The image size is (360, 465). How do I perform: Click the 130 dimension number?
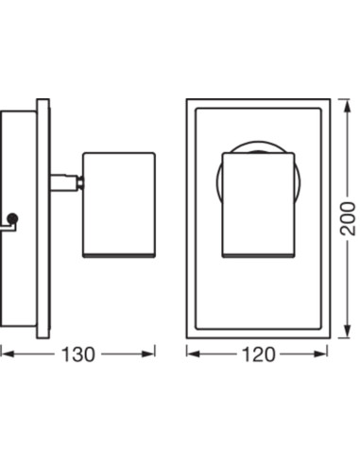[x=77, y=354]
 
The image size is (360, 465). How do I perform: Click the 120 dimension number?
[x=258, y=354]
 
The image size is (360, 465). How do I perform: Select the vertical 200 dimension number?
[x=348, y=218]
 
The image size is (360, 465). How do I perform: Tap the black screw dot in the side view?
[x=12, y=218]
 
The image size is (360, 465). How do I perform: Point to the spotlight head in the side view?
[x=119, y=205]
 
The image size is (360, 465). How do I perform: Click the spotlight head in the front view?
[x=258, y=205]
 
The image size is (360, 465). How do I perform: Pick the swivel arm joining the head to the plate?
[x=64, y=182]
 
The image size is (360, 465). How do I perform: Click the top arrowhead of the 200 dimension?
[x=348, y=106]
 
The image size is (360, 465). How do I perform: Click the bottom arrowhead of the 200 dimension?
[x=348, y=331]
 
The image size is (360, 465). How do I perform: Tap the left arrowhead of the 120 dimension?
[x=194, y=354]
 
